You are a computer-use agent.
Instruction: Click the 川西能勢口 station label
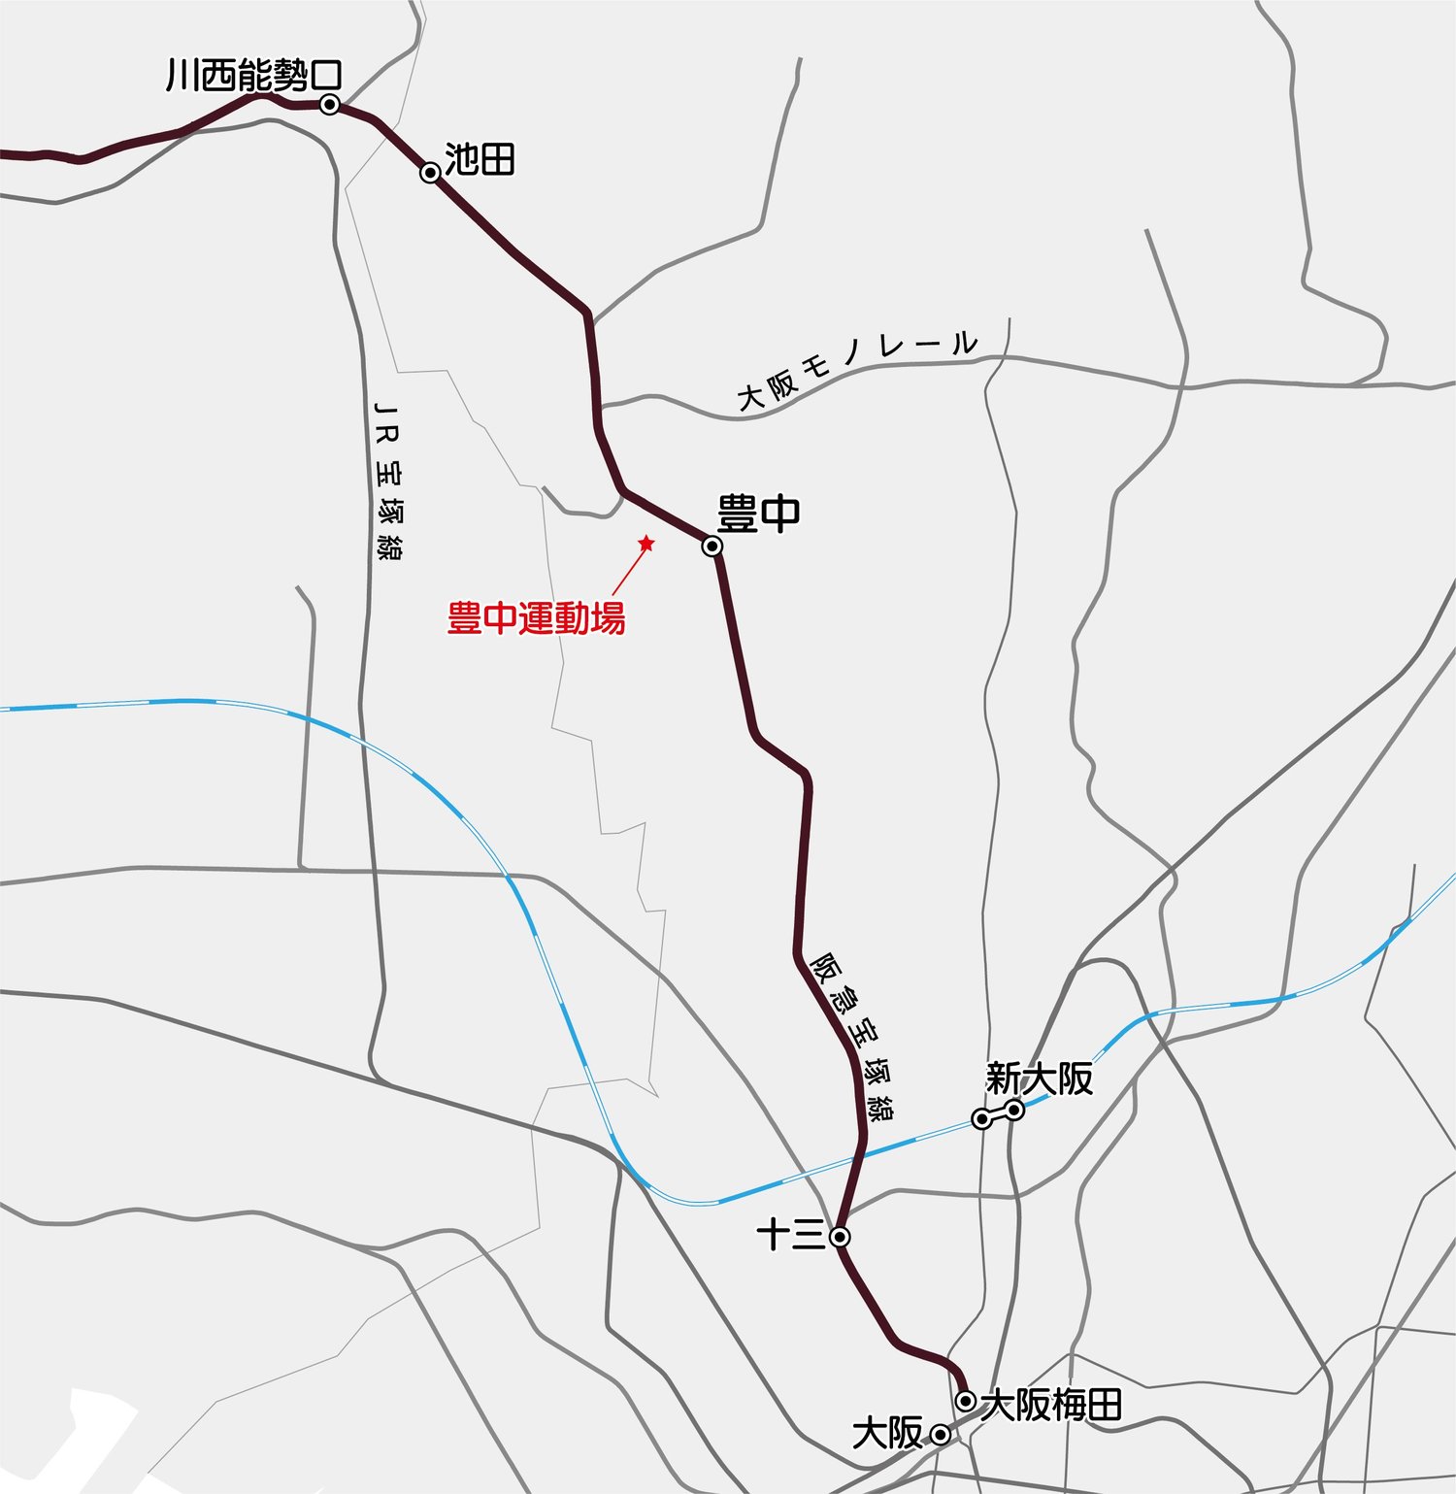254,75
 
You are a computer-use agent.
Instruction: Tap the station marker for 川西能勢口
330,104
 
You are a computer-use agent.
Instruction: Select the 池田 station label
480,159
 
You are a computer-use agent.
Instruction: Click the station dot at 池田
430,173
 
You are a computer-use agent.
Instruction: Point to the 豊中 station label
758,514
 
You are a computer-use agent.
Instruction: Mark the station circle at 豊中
712,547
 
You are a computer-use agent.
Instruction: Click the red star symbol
646,544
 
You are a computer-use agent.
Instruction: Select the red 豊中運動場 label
536,617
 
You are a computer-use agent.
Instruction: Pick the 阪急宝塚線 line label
852,1036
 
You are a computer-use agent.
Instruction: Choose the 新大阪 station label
1039,1079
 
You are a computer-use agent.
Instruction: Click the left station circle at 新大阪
982,1119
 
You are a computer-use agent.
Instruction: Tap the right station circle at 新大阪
1014,1110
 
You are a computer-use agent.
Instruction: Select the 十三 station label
790,1236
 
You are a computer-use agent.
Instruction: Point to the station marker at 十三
841,1237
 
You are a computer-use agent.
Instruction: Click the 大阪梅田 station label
1052,1405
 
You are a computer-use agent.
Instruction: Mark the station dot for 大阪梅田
966,1401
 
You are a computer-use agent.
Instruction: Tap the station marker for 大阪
940,1434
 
